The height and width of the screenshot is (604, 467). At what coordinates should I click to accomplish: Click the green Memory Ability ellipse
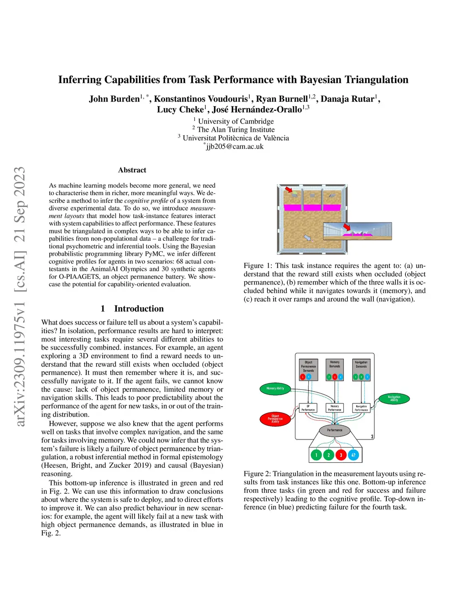pyautogui.click(x=275, y=388)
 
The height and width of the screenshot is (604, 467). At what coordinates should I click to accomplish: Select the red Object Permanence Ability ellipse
pyautogui.click(x=275, y=418)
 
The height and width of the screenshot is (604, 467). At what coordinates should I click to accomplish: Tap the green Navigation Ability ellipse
pyautogui.click(x=394, y=398)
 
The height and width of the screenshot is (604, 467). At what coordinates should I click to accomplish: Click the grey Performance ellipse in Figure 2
pyautogui.click(x=334, y=430)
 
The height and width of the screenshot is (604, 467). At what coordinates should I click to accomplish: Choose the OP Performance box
pyautogui.click(x=308, y=408)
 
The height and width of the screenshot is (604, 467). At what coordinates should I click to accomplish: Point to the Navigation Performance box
pyautogui.click(x=361, y=408)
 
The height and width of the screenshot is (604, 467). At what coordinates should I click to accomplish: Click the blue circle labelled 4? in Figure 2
pyautogui.click(x=353, y=455)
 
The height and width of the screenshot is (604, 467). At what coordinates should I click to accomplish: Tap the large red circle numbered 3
pyautogui.click(x=341, y=455)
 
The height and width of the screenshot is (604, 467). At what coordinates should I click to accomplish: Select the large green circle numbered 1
pyautogui.click(x=316, y=455)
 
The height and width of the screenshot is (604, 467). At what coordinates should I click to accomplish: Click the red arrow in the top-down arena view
pyautogui.click(x=289, y=190)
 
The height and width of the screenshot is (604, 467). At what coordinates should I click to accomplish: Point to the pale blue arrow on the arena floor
pyautogui.click(x=307, y=237)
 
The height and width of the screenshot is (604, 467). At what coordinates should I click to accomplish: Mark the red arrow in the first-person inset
pyautogui.click(x=347, y=227)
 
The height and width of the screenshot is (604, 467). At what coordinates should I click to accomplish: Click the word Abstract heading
pyautogui.click(x=132, y=170)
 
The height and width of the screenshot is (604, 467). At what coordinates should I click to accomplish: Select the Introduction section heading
pyautogui.click(x=139, y=309)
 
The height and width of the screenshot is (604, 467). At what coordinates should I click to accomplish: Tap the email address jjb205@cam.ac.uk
pyautogui.click(x=235, y=146)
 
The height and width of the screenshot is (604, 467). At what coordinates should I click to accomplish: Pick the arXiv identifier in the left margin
pyautogui.click(x=20, y=296)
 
